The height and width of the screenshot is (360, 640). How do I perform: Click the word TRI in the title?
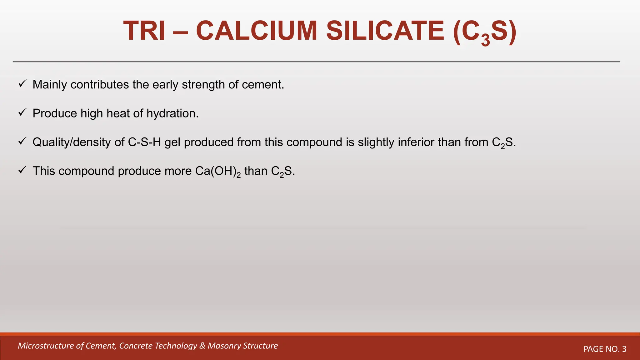pyautogui.click(x=144, y=31)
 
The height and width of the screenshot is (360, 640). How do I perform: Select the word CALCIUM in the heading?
pyautogui.click(x=257, y=31)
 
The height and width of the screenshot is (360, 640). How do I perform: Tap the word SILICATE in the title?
pyautogui.click(x=385, y=31)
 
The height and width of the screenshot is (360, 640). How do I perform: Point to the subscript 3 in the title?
pyautogui.click(x=485, y=41)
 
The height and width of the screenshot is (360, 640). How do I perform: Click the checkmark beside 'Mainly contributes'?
pyautogui.click(x=22, y=84)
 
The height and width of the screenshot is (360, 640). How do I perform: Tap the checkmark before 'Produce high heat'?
pyautogui.click(x=22, y=112)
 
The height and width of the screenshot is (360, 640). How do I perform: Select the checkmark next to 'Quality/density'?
pyautogui.click(x=22, y=141)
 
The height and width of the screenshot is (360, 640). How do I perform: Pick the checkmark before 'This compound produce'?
pyautogui.click(x=22, y=170)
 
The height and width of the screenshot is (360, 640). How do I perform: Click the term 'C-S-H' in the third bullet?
pyautogui.click(x=144, y=142)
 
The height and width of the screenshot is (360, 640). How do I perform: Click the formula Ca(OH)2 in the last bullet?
pyautogui.click(x=218, y=171)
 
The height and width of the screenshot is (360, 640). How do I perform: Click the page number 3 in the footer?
pyautogui.click(x=624, y=349)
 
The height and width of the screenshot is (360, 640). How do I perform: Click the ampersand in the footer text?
pyautogui.click(x=202, y=346)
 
